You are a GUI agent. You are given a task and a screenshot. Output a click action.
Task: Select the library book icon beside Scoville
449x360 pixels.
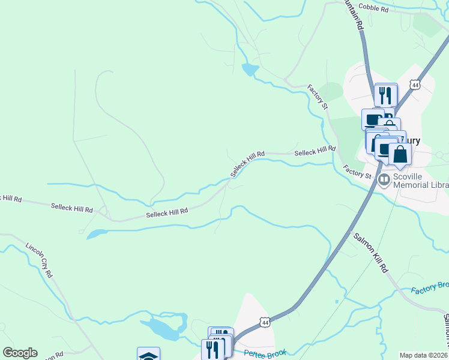tap(384, 179)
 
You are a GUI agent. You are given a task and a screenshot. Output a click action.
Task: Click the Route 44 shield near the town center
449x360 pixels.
tap(414, 86)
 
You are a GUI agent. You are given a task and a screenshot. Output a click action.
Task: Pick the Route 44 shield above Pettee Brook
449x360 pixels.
tap(264, 323)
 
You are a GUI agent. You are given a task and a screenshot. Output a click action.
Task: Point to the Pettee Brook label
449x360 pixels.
tap(265, 353)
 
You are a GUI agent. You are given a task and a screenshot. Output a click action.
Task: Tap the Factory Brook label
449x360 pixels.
tap(430, 288)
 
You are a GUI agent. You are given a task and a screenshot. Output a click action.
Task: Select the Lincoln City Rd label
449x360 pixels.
tap(40, 260)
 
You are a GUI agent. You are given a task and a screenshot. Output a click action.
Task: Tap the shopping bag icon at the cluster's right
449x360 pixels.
tap(400, 154)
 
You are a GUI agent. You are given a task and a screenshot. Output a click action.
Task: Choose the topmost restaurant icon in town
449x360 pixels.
tap(385, 95)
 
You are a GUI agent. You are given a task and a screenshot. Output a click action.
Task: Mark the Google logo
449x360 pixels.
tap(20, 353)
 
